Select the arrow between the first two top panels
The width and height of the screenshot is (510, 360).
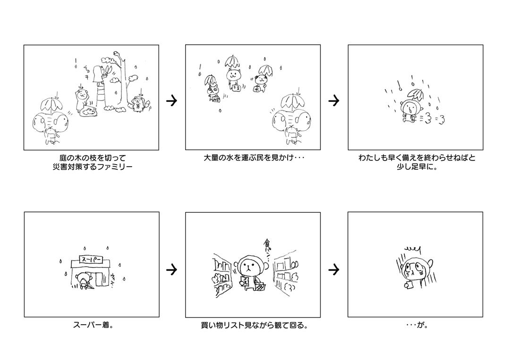172,100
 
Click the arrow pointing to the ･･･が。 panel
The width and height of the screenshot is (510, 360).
334,270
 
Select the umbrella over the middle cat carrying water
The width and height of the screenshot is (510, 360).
232,61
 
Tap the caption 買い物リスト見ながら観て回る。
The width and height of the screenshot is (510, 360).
254,326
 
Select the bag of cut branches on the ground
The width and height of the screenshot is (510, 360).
88,111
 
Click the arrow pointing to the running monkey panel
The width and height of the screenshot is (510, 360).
334,100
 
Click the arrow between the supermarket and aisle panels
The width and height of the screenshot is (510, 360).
172,270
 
